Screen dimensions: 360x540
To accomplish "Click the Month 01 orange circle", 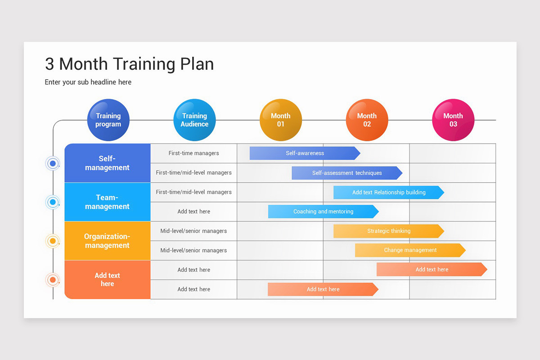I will click(x=280, y=120).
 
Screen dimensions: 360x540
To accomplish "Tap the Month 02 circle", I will click(x=367, y=120).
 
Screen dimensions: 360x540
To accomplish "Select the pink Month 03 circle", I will click(x=453, y=120).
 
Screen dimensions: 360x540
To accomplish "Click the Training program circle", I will click(x=108, y=120).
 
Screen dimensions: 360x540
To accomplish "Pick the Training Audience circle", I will click(x=194, y=120).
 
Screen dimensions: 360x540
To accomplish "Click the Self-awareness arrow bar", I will click(x=305, y=153).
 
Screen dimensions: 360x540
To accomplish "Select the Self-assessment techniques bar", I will click(x=346, y=173).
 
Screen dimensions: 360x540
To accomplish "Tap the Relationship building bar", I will click(x=388, y=192).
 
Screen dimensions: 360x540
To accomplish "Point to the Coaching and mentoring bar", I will click(x=323, y=211).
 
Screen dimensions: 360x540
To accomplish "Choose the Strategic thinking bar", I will click(x=388, y=231).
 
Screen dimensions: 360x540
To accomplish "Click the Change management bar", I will click(x=410, y=250).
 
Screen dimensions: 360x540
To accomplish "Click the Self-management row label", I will click(x=107, y=163).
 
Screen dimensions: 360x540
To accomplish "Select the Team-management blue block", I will click(x=107, y=202).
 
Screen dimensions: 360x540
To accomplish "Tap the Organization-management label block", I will click(x=107, y=241).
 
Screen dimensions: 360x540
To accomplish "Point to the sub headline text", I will click(x=88, y=82).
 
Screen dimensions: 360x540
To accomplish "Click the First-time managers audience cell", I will click(x=193, y=153).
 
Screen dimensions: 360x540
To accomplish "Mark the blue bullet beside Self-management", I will click(x=53, y=163).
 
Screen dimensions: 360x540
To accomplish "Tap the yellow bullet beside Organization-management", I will click(x=53, y=241).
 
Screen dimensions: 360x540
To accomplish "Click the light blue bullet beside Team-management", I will click(x=53, y=202).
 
